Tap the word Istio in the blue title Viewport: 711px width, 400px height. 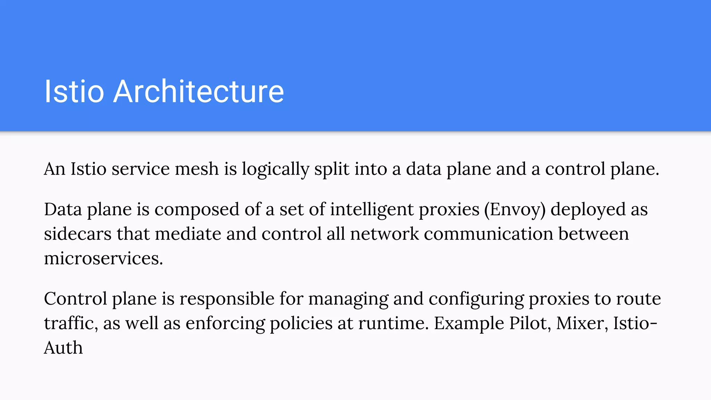click(74, 91)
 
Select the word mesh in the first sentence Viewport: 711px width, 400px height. click(197, 169)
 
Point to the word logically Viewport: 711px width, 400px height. click(275, 170)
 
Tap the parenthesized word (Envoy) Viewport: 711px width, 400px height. click(515, 210)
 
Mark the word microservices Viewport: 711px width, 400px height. click(103, 259)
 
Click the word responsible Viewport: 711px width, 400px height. click(227, 299)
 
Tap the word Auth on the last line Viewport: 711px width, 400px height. click(63, 348)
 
